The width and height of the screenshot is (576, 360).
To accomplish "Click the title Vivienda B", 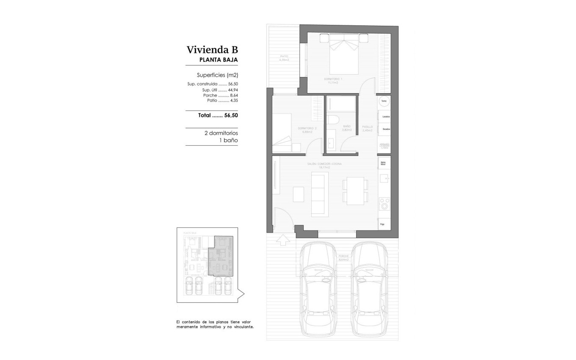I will (x=212, y=50).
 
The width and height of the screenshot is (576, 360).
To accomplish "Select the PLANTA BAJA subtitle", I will (x=219, y=60).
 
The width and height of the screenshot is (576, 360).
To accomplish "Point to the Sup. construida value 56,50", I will (x=233, y=84).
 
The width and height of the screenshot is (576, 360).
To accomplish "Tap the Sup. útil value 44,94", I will (x=233, y=90).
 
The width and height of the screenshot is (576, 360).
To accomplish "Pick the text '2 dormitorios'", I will (x=221, y=133).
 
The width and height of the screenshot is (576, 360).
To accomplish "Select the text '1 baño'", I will (x=229, y=140).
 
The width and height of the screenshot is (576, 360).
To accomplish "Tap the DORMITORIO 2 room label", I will (x=307, y=128).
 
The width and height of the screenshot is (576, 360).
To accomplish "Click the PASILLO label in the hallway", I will (x=367, y=127).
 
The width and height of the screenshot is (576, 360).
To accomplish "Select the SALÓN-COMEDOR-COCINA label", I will (x=325, y=164).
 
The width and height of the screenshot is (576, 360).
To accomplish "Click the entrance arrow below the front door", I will (x=282, y=240).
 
